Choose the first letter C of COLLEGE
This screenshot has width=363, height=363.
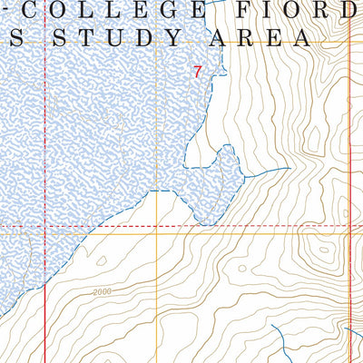click(x=37, y=11)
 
